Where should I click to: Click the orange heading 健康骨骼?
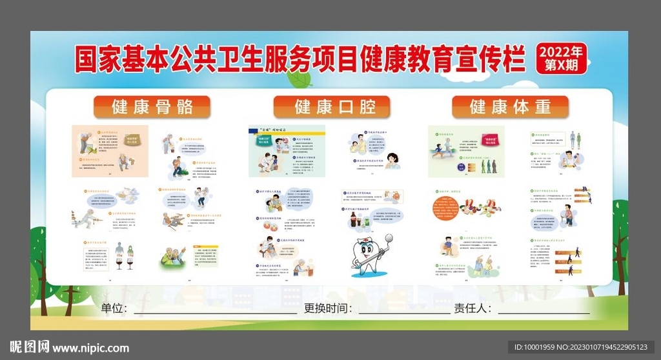point(152,107)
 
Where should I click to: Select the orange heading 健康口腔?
point(332,107)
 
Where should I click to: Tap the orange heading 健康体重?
point(510,107)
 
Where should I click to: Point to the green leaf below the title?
point(299,79)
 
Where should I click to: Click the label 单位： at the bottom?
point(114,308)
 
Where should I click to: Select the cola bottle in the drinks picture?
point(354,221)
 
